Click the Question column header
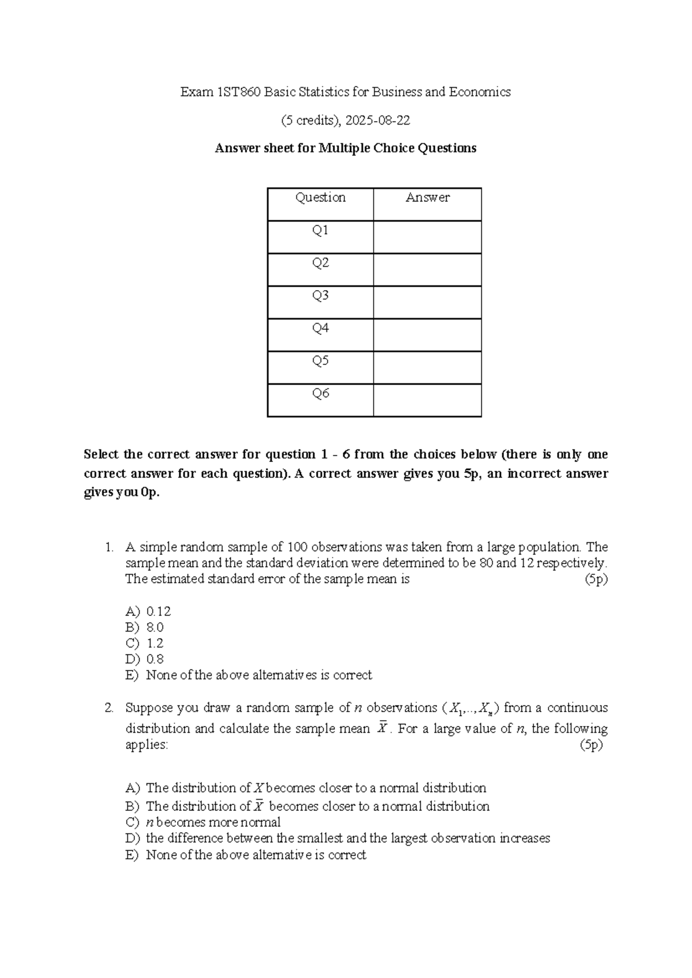pos(321,198)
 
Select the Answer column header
pos(427,198)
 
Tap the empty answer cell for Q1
pos(427,237)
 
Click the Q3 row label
pos(321,296)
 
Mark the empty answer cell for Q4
pos(427,335)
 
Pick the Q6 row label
pos(321,394)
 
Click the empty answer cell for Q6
pos(427,400)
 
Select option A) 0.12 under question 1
pos(148,611)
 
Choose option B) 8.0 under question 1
pos(145,627)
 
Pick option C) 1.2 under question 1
pos(145,644)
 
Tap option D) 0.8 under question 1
pos(145,659)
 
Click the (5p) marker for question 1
pos(596,580)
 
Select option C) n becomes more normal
pos(203,822)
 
